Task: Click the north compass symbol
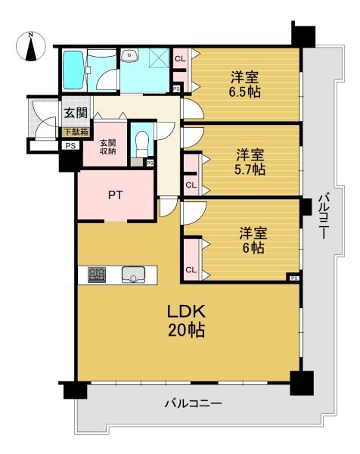click(x=31, y=46)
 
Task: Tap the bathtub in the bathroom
click(x=73, y=70)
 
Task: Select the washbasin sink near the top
click(x=129, y=55)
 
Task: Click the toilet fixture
click(x=141, y=144)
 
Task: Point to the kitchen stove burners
click(x=97, y=275)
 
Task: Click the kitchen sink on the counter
click(x=133, y=275)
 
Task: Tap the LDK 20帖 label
click(x=187, y=321)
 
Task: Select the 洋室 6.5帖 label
click(x=245, y=85)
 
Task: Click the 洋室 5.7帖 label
click(x=250, y=162)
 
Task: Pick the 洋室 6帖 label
click(x=253, y=241)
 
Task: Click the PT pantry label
click(x=116, y=195)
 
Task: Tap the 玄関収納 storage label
click(x=108, y=147)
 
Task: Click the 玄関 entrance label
click(x=76, y=113)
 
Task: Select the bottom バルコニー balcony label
click(x=194, y=403)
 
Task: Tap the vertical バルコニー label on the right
click(x=324, y=217)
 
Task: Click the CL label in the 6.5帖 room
click(x=180, y=59)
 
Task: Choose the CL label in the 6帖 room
click(x=191, y=270)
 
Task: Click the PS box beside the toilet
click(x=150, y=163)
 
